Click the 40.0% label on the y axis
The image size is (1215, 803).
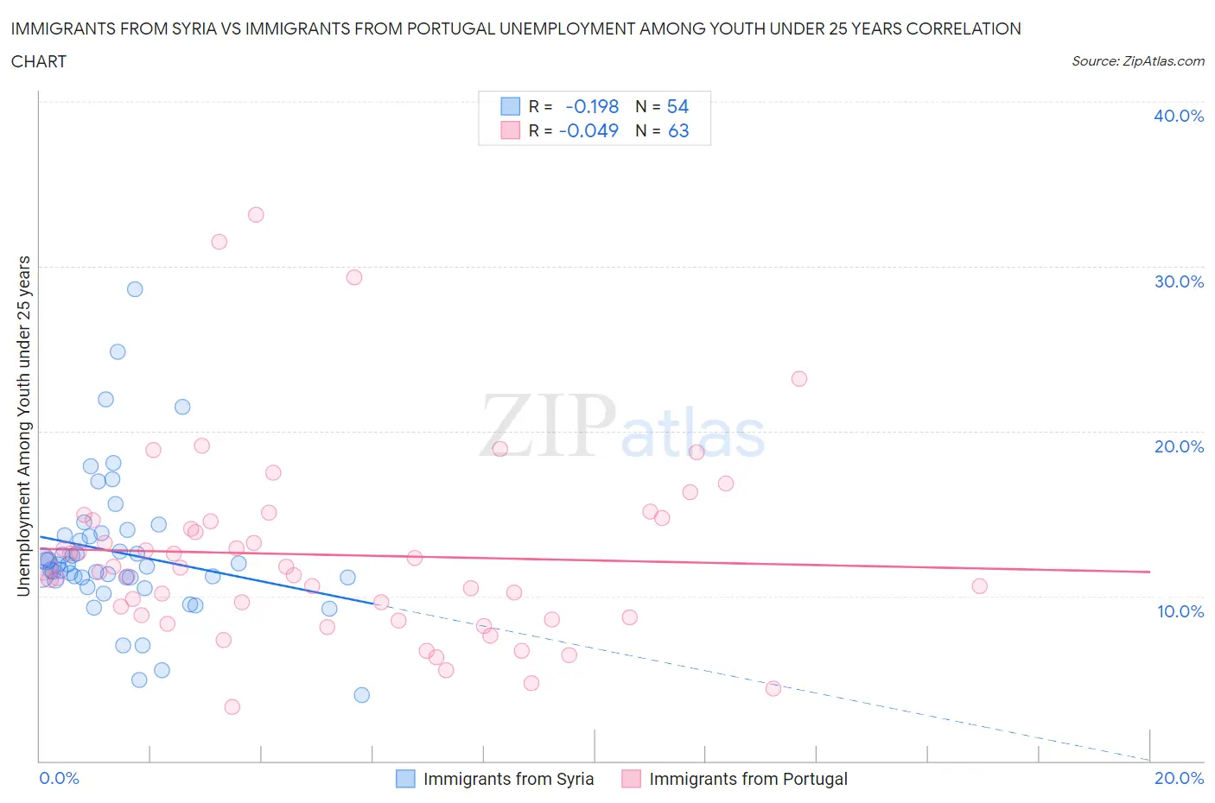pos(1179,116)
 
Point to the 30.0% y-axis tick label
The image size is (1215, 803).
pos(1179,281)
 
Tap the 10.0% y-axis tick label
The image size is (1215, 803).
pos(1180,611)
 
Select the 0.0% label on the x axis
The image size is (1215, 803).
pos(59,778)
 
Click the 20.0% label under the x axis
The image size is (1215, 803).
pos(1179,778)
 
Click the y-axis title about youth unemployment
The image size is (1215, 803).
pos(23,426)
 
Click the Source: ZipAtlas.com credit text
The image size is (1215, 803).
pos(1137,61)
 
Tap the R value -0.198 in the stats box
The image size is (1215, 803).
pos(592,106)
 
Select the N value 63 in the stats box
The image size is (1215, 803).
pos(678,130)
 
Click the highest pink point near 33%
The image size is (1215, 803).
pos(256,215)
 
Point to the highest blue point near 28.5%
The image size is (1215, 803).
pos(135,289)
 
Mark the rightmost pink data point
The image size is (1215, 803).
pos(979,586)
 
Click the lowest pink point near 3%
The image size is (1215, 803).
pos(232,707)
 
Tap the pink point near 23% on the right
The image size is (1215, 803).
pos(799,379)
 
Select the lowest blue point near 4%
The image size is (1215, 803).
pos(362,695)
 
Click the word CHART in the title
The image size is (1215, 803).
pos(39,61)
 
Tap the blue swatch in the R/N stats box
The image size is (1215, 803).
pos(511,106)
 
